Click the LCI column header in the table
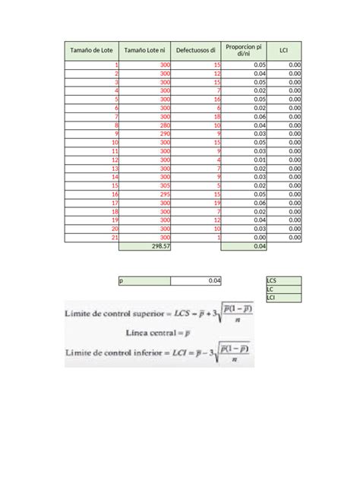(283, 51)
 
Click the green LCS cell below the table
(283, 280)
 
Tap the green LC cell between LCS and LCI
(283, 289)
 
